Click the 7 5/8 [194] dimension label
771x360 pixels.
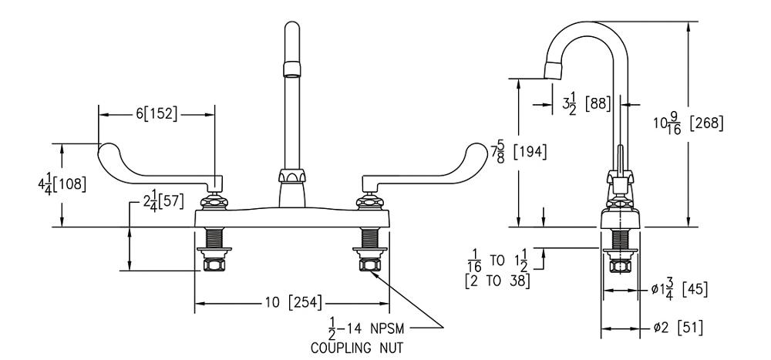click(x=519, y=152)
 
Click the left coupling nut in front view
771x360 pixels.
click(x=212, y=265)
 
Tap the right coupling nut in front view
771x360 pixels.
click(x=369, y=265)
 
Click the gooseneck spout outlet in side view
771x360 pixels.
click(x=554, y=72)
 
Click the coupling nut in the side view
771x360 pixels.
click(x=619, y=266)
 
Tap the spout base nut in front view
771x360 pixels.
click(x=290, y=179)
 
